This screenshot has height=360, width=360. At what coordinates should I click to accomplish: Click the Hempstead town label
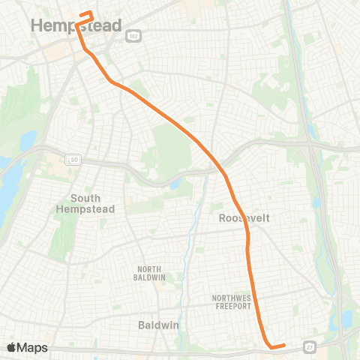76,26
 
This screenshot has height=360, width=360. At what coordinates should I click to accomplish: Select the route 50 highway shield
73,159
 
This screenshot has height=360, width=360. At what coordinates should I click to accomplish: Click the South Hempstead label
86,203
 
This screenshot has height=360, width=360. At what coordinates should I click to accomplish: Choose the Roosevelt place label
244,217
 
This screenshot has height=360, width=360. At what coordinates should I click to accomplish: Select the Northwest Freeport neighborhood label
235,302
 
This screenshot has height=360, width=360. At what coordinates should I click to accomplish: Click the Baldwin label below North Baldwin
158,325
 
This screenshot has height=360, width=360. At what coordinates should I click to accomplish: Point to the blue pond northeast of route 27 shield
346,319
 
